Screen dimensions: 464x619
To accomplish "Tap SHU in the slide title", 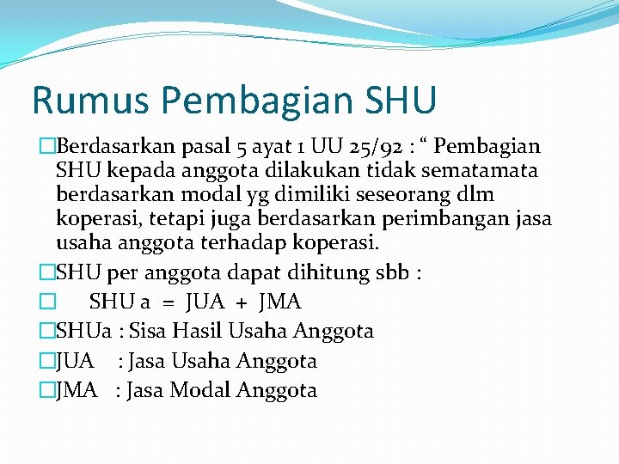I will pyautogui.click(x=400, y=100).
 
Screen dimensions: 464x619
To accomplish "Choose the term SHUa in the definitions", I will pyautogui.click(x=84, y=332).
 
